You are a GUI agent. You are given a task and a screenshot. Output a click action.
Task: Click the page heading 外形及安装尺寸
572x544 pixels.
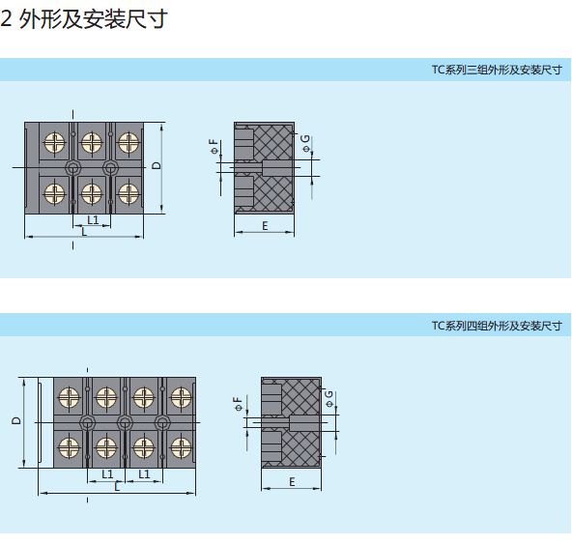pyautogui.click(x=94, y=19)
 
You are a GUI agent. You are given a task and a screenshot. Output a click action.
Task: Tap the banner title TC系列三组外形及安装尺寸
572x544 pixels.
pyautogui.click(x=497, y=70)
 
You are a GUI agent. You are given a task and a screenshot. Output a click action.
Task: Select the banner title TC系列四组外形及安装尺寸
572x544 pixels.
pyautogui.click(x=497, y=326)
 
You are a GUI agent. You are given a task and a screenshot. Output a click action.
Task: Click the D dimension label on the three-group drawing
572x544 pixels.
pyautogui.click(x=157, y=165)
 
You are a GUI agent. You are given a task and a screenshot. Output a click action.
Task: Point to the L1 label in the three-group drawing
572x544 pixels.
pyautogui.click(x=93, y=220)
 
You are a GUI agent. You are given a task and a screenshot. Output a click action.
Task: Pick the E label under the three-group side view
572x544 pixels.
pyautogui.click(x=265, y=226)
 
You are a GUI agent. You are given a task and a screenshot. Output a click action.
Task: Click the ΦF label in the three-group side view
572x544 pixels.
pyautogui.click(x=214, y=146)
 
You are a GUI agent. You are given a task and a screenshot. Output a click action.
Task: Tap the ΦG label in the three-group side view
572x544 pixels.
pyautogui.click(x=305, y=143)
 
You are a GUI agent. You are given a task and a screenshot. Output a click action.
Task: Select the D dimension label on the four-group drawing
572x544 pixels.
pyautogui.click(x=16, y=420)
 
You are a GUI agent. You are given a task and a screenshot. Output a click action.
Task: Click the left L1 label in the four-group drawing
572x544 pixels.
pyautogui.click(x=107, y=474)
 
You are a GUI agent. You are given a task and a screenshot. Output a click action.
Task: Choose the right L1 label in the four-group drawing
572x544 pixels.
pyautogui.click(x=144, y=474)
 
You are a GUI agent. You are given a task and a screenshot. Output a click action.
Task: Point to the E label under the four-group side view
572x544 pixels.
pyautogui.click(x=292, y=482)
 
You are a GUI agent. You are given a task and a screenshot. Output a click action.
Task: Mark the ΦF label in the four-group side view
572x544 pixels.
pyautogui.click(x=239, y=404)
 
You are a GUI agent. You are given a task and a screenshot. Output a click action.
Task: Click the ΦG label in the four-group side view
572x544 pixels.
pyautogui.click(x=329, y=399)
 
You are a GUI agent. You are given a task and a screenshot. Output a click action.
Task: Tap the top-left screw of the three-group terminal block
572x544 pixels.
pyautogui.click(x=54, y=142)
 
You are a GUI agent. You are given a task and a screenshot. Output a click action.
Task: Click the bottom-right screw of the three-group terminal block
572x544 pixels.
pyautogui.click(x=129, y=193)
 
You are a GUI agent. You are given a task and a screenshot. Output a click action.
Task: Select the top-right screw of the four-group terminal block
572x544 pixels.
pyautogui.click(x=181, y=397)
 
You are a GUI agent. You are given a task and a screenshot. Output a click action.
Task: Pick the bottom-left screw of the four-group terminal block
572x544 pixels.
pyautogui.click(x=69, y=447)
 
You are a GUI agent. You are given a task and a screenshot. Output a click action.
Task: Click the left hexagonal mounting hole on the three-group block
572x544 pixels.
pyautogui.click(x=73, y=168)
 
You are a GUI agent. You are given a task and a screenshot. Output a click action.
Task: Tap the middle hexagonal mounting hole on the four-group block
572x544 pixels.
pyautogui.click(x=125, y=423)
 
